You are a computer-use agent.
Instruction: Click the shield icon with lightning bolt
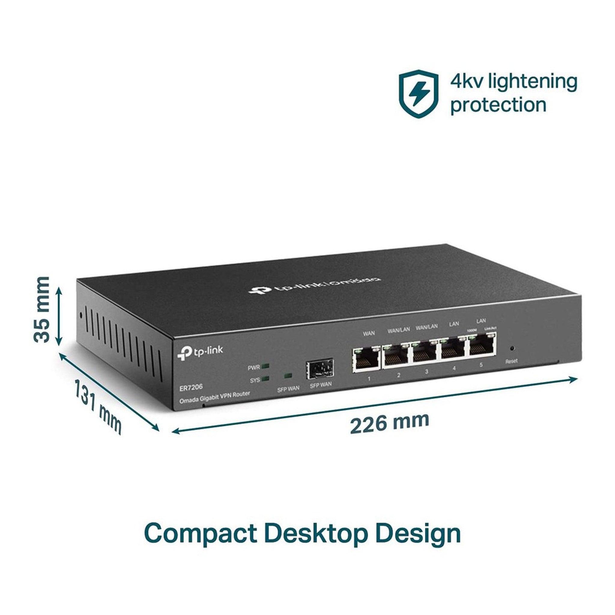tap(418, 94)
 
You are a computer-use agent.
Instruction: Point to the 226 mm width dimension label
tap(389, 423)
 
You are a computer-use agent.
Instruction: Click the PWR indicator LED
tap(265, 366)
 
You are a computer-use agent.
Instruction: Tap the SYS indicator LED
tap(265, 379)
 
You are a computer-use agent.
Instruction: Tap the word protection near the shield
tap(498, 105)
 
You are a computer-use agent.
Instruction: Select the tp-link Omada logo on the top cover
tap(314, 285)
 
